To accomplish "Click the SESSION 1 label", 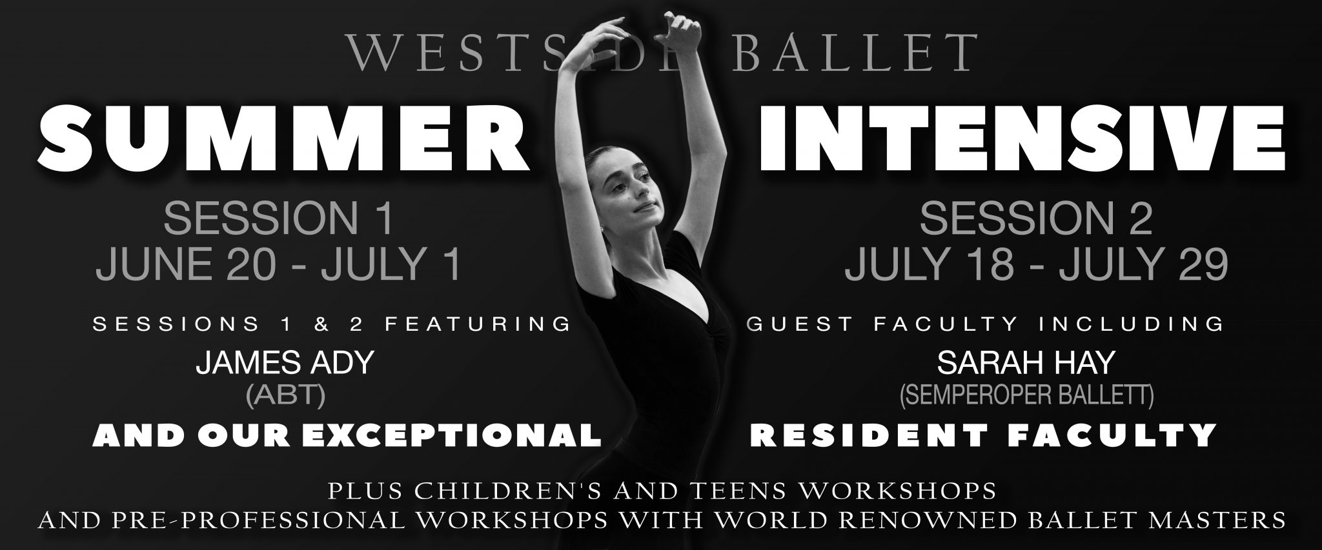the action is pyautogui.click(x=278, y=219).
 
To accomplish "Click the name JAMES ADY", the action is pyautogui.click(x=285, y=363).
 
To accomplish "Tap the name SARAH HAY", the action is pyautogui.click(x=1026, y=363).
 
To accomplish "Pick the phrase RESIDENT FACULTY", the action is pyautogui.click(x=983, y=435).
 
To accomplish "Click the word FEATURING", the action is pyautogui.click(x=478, y=324).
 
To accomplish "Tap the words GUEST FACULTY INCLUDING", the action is pyautogui.click(x=985, y=324).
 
